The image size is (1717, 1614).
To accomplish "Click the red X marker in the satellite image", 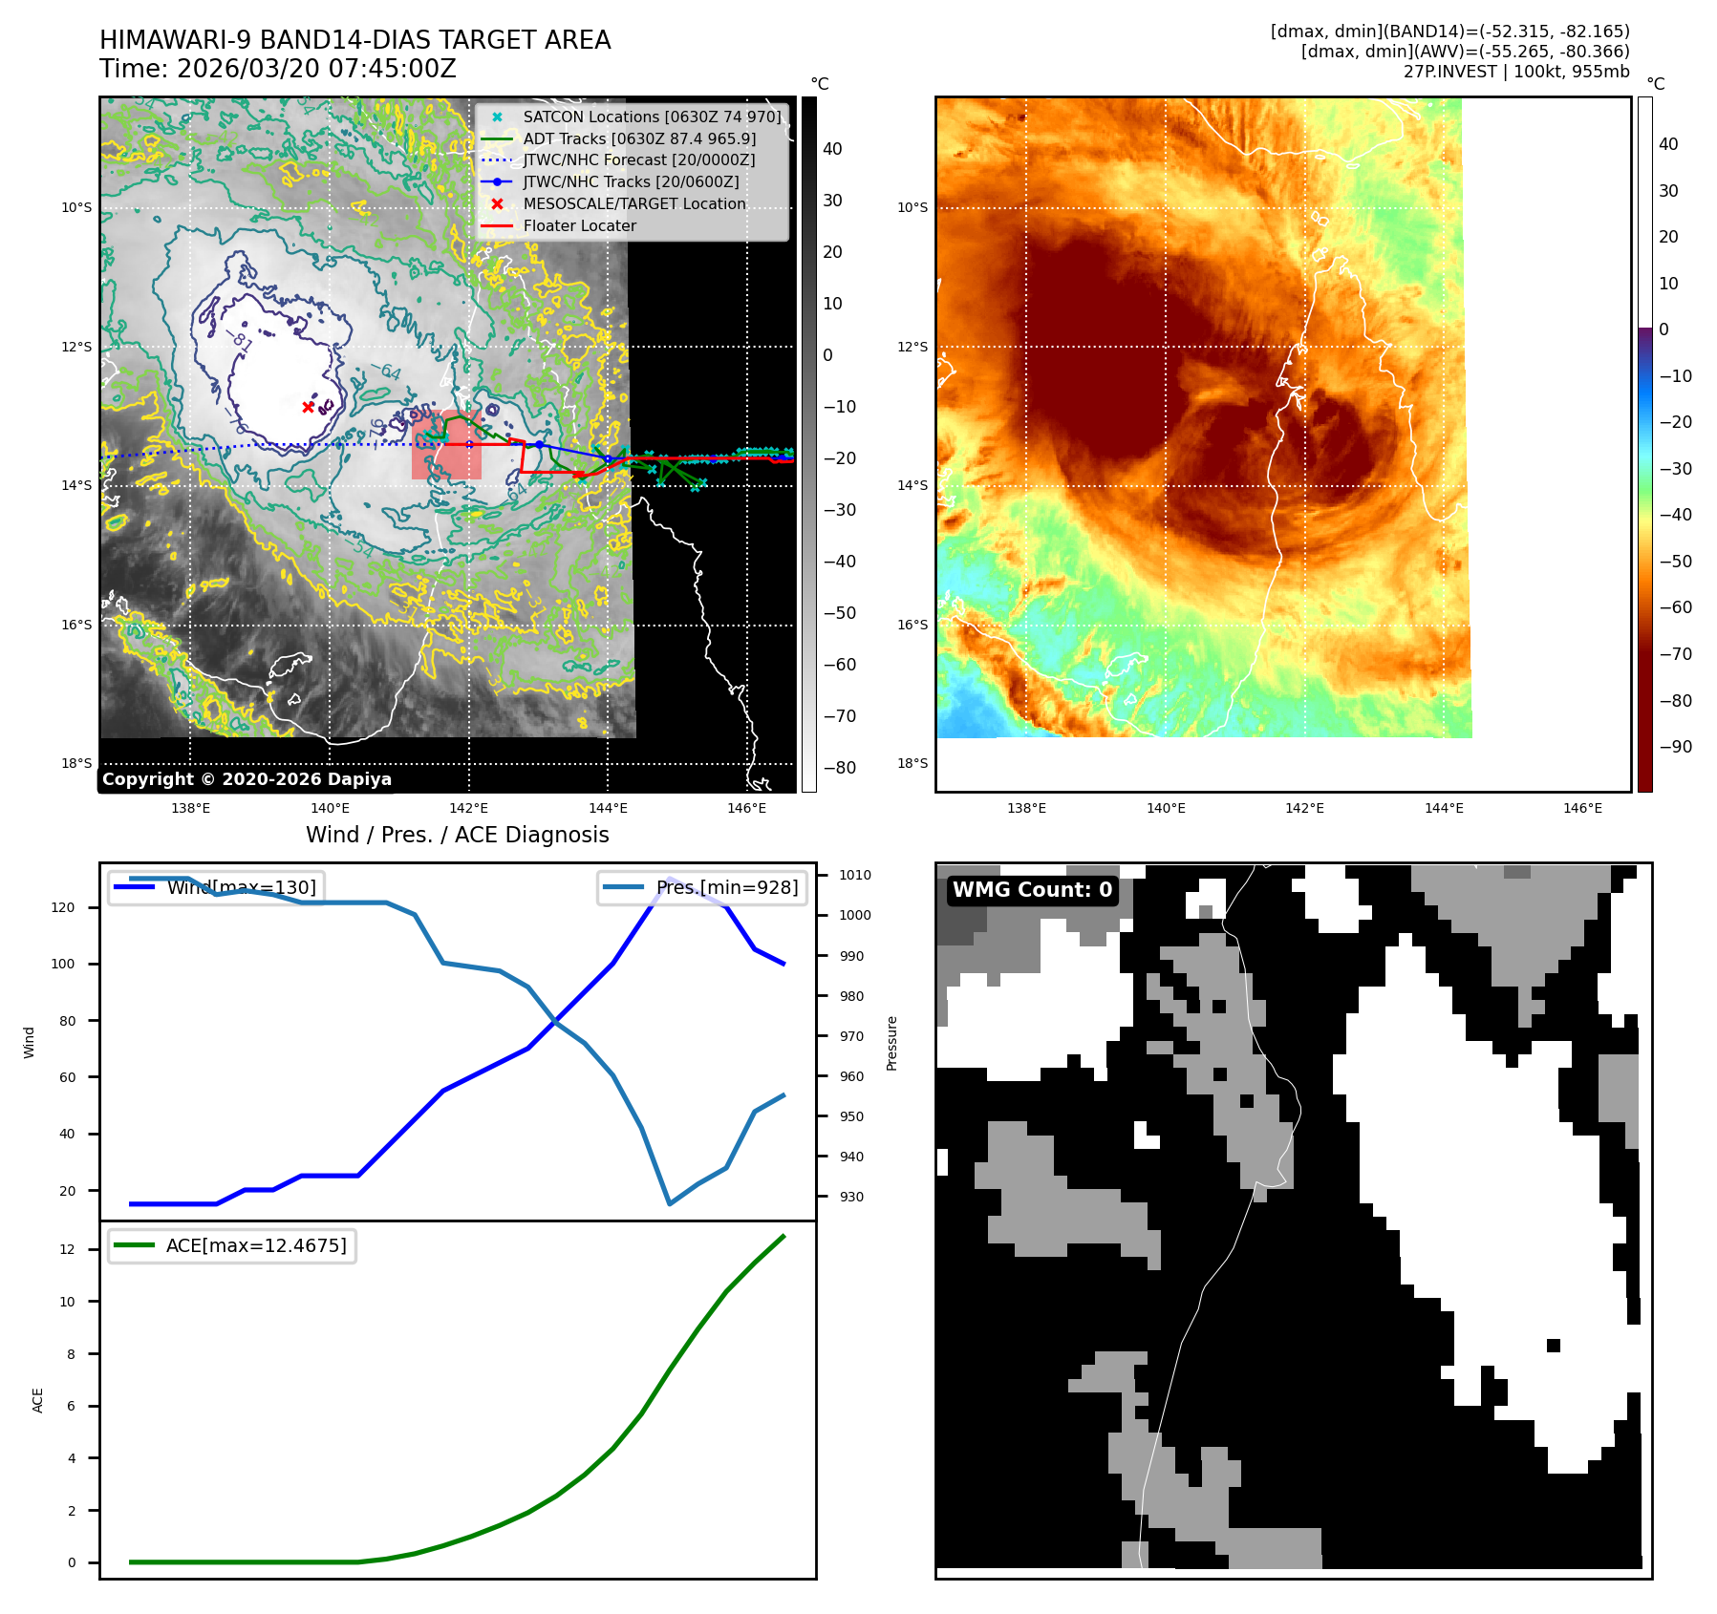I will coord(308,407).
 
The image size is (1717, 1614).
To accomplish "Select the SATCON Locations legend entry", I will coord(652,117).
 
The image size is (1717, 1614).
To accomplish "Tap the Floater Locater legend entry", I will coord(579,225).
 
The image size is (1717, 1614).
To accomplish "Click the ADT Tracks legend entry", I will coord(638,138).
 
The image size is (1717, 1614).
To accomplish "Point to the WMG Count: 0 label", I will coord(1032,890).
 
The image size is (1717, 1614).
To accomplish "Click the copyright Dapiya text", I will coord(247,779).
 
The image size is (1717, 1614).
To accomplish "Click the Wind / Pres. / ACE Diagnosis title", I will coord(457,835).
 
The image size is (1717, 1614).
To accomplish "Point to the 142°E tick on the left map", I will coord(468,808).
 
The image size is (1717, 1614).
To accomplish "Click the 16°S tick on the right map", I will coord(912,625).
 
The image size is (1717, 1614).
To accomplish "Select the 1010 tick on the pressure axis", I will coord(854,875).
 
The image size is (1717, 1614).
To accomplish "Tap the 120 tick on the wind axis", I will coord(63,907).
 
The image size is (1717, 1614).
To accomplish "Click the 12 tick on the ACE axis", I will coord(67,1249).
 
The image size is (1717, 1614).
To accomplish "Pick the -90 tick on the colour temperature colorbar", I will coord(1675,747).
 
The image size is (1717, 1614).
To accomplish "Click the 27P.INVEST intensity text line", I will coord(1515,72).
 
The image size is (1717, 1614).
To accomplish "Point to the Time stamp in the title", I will coord(278,69).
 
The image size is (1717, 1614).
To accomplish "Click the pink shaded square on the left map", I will coord(446,445).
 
